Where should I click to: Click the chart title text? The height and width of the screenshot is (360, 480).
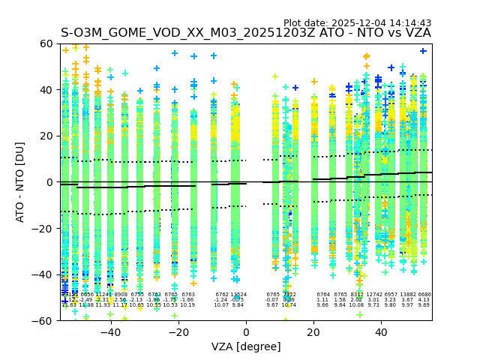pyautogui.click(x=245, y=33)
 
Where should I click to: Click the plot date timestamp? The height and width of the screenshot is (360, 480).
pyautogui.click(x=357, y=23)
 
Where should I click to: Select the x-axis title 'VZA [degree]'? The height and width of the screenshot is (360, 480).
pyautogui.click(x=246, y=346)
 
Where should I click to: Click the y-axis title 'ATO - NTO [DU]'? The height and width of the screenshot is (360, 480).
pyautogui.click(x=20, y=181)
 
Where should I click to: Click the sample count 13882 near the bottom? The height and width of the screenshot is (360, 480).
pyautogui.click(x=408, y=295)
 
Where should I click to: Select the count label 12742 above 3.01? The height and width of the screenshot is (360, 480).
pyautogui.click(x=373, y=295)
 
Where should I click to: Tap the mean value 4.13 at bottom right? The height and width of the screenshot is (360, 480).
pyautogui.click(x=424, y=300)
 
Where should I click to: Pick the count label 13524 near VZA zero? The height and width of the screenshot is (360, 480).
pyautogui.click(x=238, y=295)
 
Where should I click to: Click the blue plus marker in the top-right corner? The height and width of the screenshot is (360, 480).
pyautogui.click(x=423, y=51)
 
